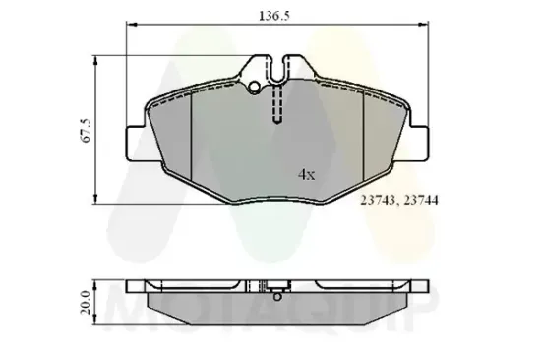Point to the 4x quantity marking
pos(306,174)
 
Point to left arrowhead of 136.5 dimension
pos(130,29)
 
